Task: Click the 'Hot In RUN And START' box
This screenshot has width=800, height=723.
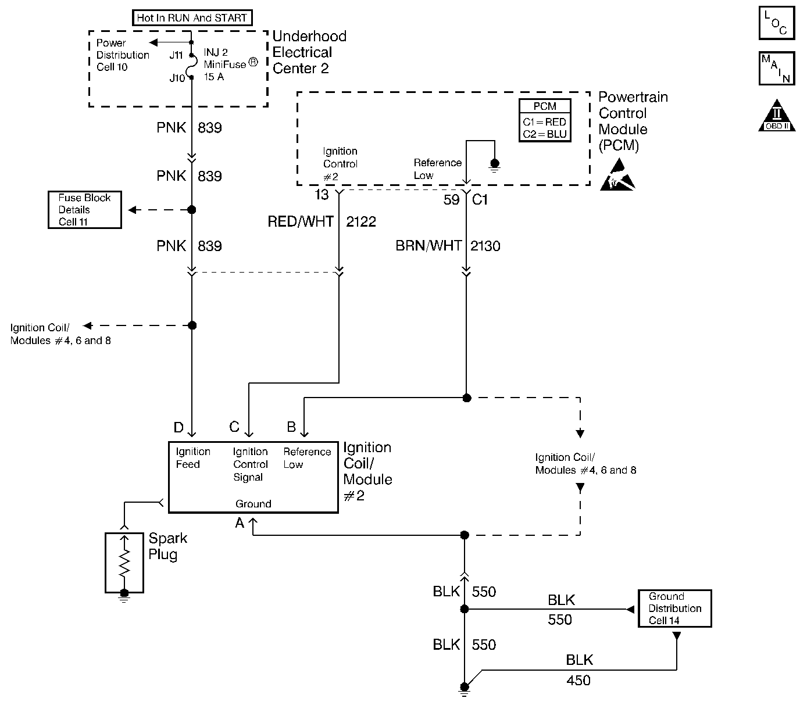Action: point(192,18)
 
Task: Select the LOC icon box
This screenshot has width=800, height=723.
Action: point(777,23)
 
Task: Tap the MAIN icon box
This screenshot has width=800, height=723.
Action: point(777,68)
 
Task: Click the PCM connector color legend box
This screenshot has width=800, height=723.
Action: point(545,120)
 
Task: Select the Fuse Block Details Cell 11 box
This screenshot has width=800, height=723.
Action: point(84,210)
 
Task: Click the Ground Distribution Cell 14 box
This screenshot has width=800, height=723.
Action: point(675,609)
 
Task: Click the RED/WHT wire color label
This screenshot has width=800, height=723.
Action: point(301,222)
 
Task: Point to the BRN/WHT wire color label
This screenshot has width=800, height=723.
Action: point(428,246)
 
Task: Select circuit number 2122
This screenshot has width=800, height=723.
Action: point(361,222)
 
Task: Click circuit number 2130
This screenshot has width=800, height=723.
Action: point(485,246)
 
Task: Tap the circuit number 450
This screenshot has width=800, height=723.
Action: point(578,681)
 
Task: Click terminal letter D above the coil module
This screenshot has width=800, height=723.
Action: point(178,428)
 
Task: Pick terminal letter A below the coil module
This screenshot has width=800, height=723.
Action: point(240,523)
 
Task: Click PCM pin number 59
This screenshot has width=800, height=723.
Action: point(451,200)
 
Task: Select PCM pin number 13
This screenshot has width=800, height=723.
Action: point(322,195)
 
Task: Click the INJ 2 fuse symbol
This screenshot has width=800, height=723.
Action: point(192,66)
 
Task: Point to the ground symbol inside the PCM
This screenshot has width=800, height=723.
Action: point(495,165)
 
